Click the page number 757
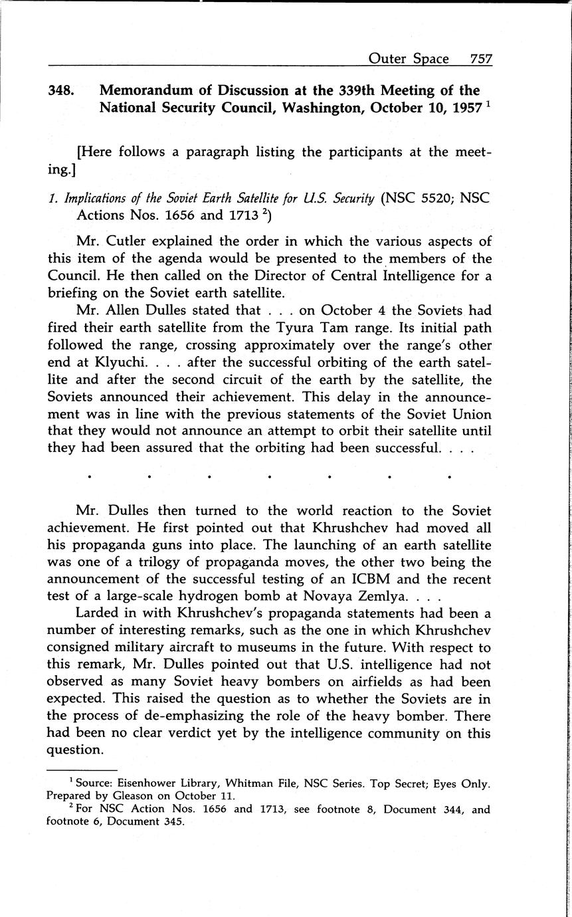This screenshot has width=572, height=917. [480, 58]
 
